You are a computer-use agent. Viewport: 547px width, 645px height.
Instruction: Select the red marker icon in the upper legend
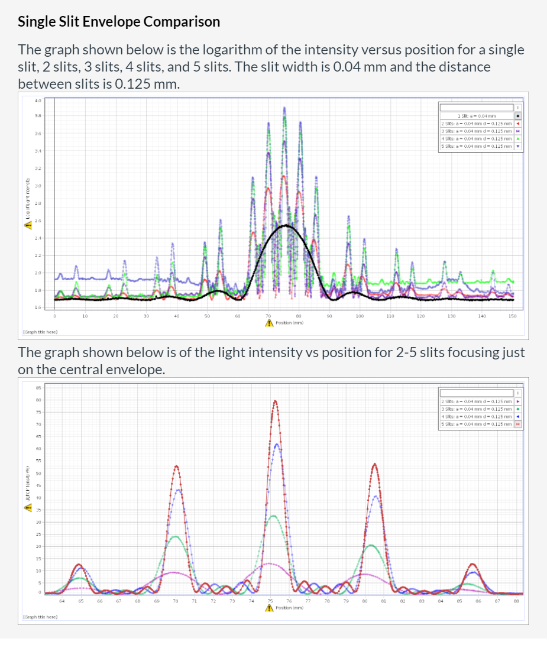pos(517,124)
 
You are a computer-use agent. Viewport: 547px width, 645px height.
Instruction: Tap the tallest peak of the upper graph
pos(284,109)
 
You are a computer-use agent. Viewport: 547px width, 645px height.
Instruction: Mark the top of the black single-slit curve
pos(286,225)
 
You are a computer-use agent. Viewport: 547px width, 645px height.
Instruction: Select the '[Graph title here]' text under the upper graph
pos(40,332)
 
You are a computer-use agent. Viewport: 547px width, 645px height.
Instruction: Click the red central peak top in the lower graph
pos(275,401)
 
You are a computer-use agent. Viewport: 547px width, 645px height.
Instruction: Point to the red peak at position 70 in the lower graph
pos(176,467)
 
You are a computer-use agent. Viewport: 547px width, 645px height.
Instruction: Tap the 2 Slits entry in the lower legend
pos(477,401)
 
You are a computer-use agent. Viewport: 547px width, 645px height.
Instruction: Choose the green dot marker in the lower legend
pos(517,409)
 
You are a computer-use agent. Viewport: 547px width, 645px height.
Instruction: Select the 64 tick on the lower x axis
pos(62,601)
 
